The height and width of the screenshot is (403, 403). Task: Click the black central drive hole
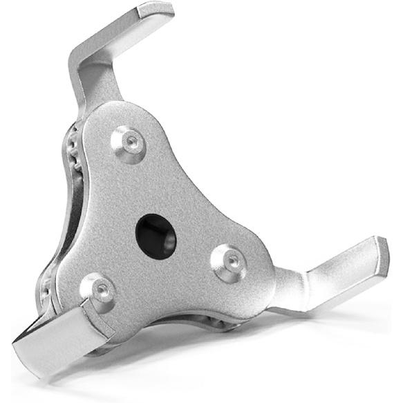click(156, 234)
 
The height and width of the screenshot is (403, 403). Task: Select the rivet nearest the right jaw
click(229, 261)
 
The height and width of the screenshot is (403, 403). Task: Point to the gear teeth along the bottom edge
click(207, 324)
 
